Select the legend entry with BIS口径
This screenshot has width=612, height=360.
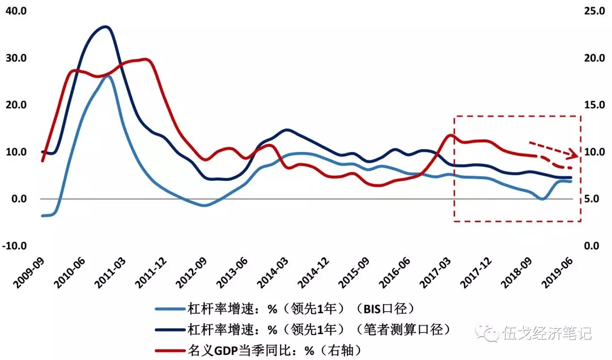tap(301, 308)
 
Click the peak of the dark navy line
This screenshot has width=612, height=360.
tap(105, 27)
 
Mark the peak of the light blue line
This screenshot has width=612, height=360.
tap(107, 76)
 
